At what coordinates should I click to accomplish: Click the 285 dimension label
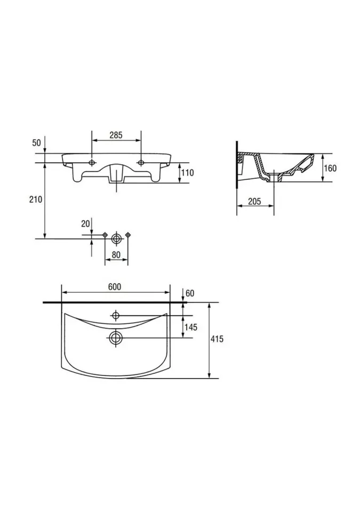[116, 135]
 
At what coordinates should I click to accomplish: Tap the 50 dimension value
[37, 143]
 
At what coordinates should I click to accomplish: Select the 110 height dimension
[188, 172]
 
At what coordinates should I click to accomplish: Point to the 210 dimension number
[36, 199]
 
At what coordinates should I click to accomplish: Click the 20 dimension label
[85, 223]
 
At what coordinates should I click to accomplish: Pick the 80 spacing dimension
[116, 254]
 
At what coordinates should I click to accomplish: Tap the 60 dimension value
[189, 293]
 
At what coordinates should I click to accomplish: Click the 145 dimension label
[191, 327]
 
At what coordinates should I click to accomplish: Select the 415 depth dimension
[217, 339]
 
